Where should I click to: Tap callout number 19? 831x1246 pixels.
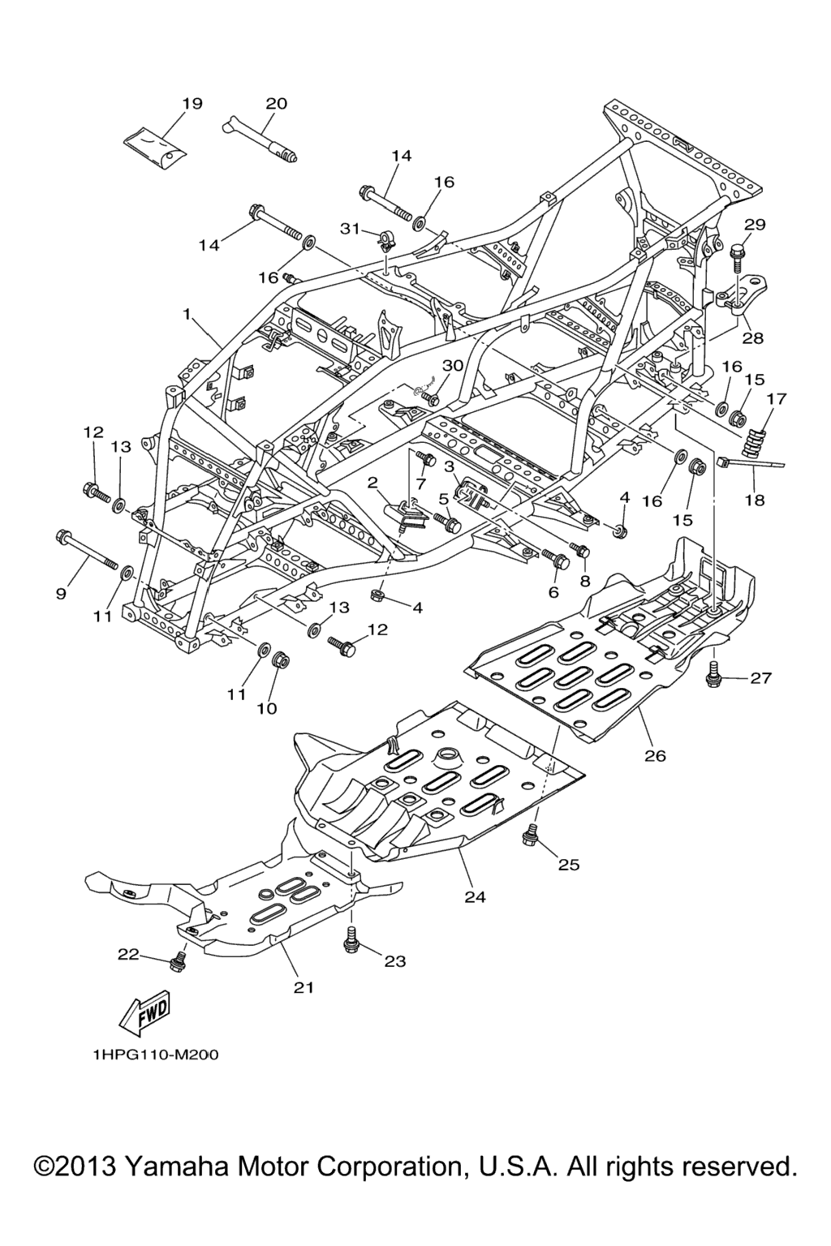click(x=192, y=104)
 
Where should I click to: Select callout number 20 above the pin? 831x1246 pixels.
click(x=276, y=104)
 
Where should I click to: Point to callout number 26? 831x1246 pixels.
click(x=655, y=755)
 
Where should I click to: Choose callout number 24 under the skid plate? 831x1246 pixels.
click(x=475, y=896)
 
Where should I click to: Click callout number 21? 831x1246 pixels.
click(x=304, y=987)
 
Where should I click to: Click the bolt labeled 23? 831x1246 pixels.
click(x=351, y=942)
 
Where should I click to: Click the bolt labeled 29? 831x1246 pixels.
click(x=738, y=254)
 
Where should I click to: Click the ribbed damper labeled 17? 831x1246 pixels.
click(x=757, y=439)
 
